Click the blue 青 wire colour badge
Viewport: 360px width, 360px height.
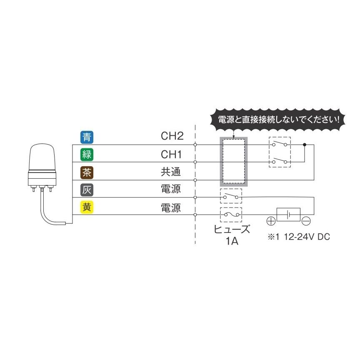(x=87, y=137)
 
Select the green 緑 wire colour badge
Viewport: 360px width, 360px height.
(x=87, y=154)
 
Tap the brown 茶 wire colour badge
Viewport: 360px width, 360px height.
(x=87, y=172)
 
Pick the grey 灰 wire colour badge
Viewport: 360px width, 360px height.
(x=87, y=190)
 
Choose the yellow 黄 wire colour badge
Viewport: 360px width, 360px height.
(x=87, y=207)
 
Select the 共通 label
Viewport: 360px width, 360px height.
(x=171, y=172)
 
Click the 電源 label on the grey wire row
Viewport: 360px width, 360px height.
(x=171, y=190)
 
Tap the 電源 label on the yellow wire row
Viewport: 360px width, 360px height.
(x=171, y=207)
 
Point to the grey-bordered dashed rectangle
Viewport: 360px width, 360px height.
(x=233, y=162)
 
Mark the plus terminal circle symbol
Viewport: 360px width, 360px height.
(x=270, y=221)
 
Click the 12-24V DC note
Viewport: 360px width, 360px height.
(x=298, y=237)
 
